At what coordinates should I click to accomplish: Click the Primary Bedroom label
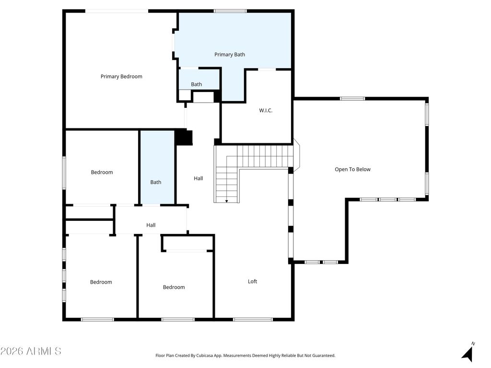(121, 76)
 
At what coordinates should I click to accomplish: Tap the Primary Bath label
(230, 55)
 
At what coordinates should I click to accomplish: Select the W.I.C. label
(266, 110)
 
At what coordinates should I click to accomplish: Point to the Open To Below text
(352, 169)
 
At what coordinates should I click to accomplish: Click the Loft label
(252, 281)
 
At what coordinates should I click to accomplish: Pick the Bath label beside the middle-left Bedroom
(156, 182)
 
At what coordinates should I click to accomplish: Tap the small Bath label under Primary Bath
(196, 84)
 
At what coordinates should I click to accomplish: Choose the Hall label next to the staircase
(198, 178)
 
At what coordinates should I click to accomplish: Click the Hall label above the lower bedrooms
(151, 225)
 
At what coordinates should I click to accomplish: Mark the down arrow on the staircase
(226, 201)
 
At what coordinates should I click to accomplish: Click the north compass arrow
(467, 354)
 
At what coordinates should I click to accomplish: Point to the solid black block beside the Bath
(184, 138)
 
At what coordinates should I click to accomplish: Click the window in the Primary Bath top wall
(230, 11)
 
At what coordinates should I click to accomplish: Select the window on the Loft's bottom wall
(253, 320)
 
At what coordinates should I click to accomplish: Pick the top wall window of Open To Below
(352, 99)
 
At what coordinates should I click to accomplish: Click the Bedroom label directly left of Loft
(174, 287)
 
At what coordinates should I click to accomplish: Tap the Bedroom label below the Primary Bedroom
(102, 172)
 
